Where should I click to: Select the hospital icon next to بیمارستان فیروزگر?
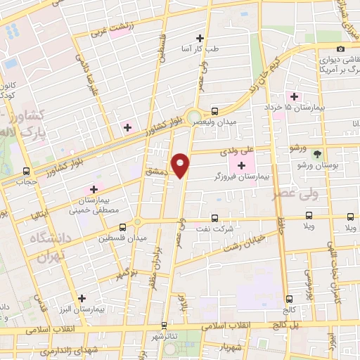(243, 165)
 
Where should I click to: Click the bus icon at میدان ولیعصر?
(215, 110)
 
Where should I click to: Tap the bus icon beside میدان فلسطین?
(123, 227)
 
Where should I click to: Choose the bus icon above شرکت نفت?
(214, 217)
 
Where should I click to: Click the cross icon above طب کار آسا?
(200, 38)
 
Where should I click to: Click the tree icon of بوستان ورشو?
(317, 153)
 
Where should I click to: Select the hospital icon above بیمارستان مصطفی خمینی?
(93, 190)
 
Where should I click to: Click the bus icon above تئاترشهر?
(165, 326)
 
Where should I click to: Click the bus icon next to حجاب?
(27, 171)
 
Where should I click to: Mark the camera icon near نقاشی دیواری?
(341, 49)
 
